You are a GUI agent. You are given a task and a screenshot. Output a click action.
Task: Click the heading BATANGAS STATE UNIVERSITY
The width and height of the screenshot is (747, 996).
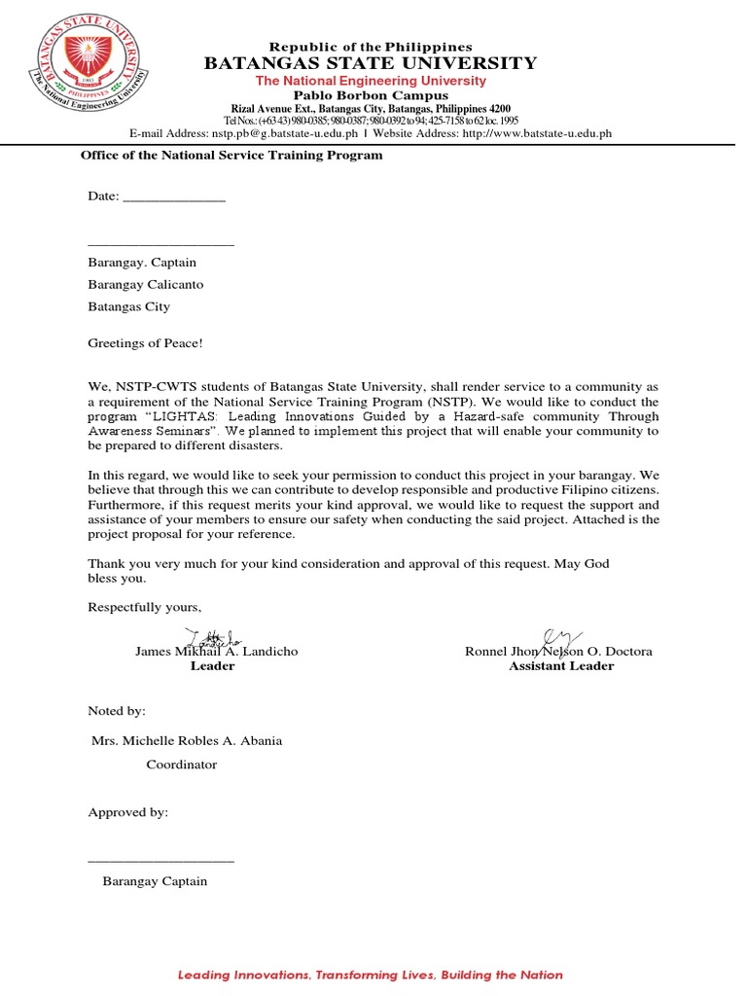click(x=370, y=64)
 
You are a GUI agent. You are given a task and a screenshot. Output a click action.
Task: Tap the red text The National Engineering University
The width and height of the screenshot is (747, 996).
click(x=370, y=81)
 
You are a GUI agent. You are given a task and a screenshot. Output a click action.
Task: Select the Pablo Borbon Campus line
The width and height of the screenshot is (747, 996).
click(x=370, y=95)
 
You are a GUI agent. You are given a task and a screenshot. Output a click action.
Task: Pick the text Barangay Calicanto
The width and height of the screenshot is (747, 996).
click(x=146, y=284)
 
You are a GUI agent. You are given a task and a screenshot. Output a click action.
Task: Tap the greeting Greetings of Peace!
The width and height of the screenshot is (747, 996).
click(x=146, y=342)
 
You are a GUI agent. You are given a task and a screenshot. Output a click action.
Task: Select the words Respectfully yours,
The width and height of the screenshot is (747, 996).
click(x=144, y=608)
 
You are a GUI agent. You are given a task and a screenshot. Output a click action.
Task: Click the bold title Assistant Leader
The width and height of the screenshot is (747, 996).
click(x=561, y=666)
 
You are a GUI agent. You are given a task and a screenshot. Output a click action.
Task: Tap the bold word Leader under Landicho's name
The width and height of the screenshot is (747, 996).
click(x=212, y=666)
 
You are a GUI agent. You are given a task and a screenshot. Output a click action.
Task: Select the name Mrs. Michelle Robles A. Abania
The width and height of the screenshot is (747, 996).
click(x=187, y=741)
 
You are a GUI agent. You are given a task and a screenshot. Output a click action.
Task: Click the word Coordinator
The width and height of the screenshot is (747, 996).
click(x=182, y=765)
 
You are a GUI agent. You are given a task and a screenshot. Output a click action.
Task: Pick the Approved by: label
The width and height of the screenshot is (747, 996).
click(x=128, y=812)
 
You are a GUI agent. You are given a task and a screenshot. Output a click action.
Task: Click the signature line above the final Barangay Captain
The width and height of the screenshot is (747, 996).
click(x=160, y=861)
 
